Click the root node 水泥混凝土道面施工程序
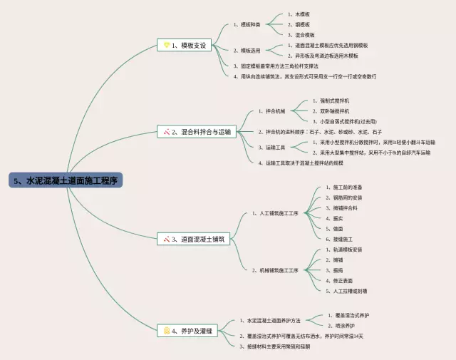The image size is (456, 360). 66,180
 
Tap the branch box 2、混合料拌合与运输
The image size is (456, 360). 196,132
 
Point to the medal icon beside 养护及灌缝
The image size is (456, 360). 166,330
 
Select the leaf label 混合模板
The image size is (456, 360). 303,34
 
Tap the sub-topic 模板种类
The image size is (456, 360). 248,24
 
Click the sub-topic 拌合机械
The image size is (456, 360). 273,111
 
